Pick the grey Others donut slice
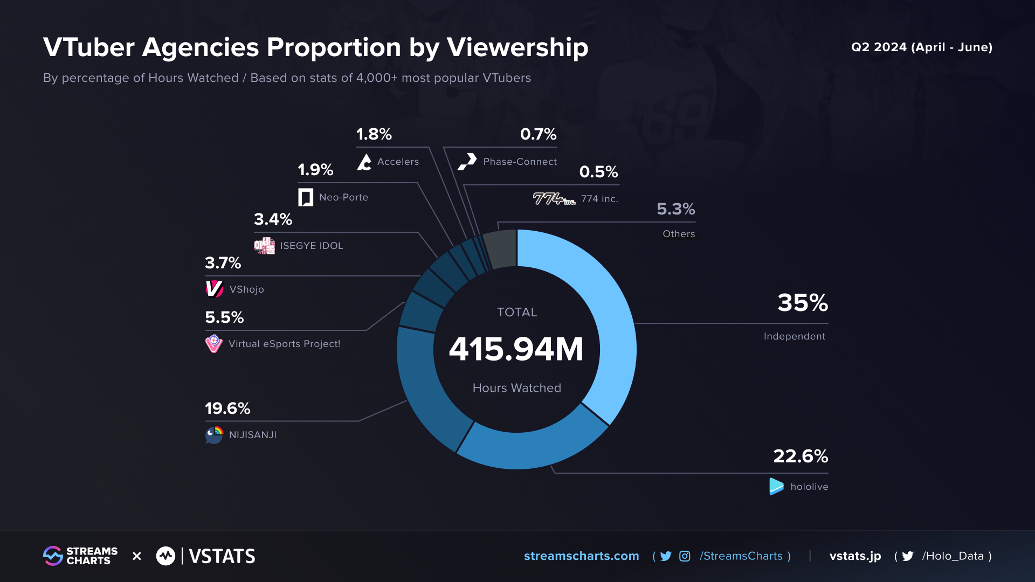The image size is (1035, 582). [x=500, y=248]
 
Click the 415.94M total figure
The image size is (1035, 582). [x=516, y=349]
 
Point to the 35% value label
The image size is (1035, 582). [x=802, y=303]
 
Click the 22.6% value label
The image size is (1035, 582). [x=800, y=456]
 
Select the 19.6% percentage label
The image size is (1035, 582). [x=227, y=408]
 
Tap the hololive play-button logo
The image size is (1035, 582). [x=776, y=486]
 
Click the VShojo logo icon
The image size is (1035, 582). [x=214, y=289]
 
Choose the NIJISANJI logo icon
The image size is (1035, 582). [x=214, y=434]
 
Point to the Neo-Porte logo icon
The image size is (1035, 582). [x=306, y=197]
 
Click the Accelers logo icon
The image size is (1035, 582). [x=364, y=162]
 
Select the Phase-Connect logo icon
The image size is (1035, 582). [x=467, y=161]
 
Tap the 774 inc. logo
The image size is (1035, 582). [x=554, y=199]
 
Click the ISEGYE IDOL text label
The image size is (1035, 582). [x=311, y=246]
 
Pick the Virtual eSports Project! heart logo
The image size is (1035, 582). [x=213, y=343]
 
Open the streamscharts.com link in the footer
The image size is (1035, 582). [x=581, y=556]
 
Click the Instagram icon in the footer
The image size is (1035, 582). [x=685, y=556]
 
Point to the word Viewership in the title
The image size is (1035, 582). [x=517, y=47]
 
